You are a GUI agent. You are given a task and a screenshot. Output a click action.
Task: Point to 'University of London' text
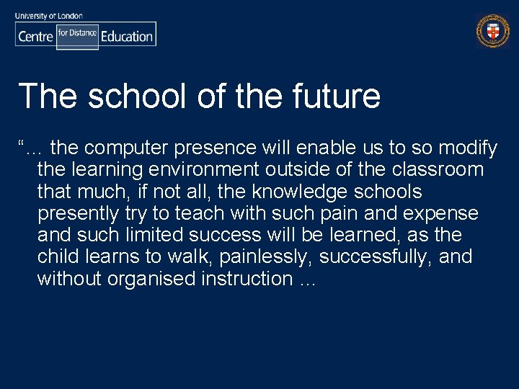coord(48,15)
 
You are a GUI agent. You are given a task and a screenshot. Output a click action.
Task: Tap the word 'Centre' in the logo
coord(35,36)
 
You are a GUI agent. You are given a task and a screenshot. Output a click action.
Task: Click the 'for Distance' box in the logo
coord(77,34)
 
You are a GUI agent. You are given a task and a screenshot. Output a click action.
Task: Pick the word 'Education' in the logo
coord(127,36)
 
